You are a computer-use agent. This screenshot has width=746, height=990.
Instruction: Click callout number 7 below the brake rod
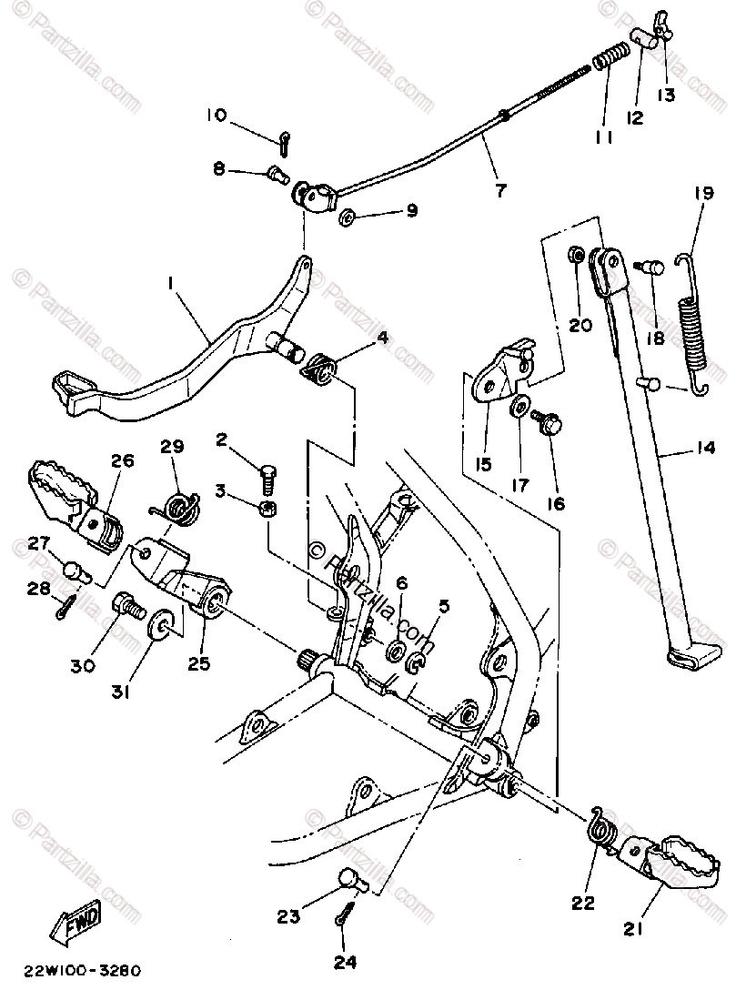point(499,191)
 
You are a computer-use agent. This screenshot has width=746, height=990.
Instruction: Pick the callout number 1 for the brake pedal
point(170,284)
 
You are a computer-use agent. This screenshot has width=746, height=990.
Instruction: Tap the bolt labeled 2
point(267,474)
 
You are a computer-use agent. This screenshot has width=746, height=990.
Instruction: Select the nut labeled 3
point(267,508)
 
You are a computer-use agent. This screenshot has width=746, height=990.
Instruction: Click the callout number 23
point(288,918)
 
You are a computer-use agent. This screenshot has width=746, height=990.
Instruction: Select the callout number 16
point(555,502)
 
